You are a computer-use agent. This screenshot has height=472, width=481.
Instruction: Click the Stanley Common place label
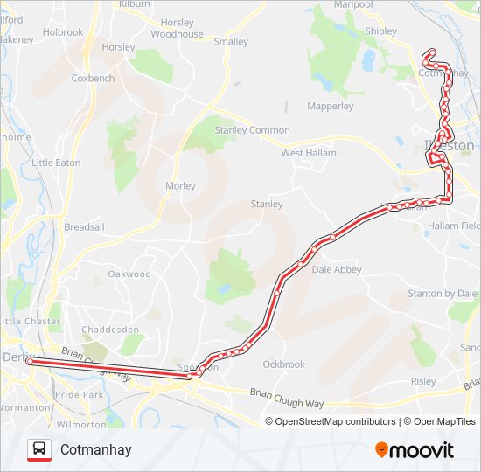[x=252, y=130]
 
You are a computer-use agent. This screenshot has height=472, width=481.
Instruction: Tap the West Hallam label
[x=308, y=153]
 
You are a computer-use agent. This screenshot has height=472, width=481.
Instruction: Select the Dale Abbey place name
[x=336, y=270]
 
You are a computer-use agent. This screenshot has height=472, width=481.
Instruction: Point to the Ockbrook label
[x=284, y=364]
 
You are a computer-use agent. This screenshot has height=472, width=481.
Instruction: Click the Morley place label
[x=181, y=186]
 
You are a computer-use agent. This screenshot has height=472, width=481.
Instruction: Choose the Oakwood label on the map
[x=129, y=274]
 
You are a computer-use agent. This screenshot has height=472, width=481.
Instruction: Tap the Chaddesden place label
[x=110, y=330]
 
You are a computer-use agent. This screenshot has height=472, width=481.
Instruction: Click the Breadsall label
[x=84, y=226]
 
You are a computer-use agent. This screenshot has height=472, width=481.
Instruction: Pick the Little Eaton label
[x=56, y=163]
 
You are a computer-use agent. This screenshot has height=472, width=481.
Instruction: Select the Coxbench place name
[x=94, y=78]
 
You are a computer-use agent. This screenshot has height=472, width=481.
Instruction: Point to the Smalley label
[x=231, y=41]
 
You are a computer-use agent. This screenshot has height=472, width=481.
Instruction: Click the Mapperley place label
[x=331, y=107]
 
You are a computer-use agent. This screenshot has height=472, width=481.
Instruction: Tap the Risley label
[x=422, y=381]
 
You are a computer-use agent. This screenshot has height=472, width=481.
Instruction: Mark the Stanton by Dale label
[x=443, y=294]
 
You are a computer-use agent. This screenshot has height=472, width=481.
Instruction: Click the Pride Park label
[x=79, y=395]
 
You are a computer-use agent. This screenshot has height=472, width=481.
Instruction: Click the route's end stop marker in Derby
[x=29, y=360]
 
